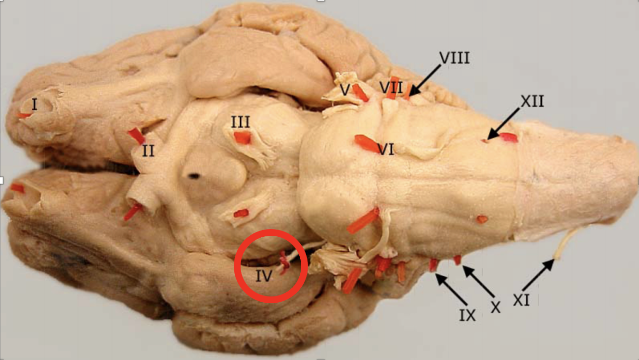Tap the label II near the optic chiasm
148,151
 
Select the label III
240,122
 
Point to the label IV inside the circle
264,276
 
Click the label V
344,90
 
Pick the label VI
386,150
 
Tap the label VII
391,88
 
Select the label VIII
454,58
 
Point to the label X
496,308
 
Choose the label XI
521,300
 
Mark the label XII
532,101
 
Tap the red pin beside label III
242,138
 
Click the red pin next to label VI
367,143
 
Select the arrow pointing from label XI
538,274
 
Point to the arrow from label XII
503,124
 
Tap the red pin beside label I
23,115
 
